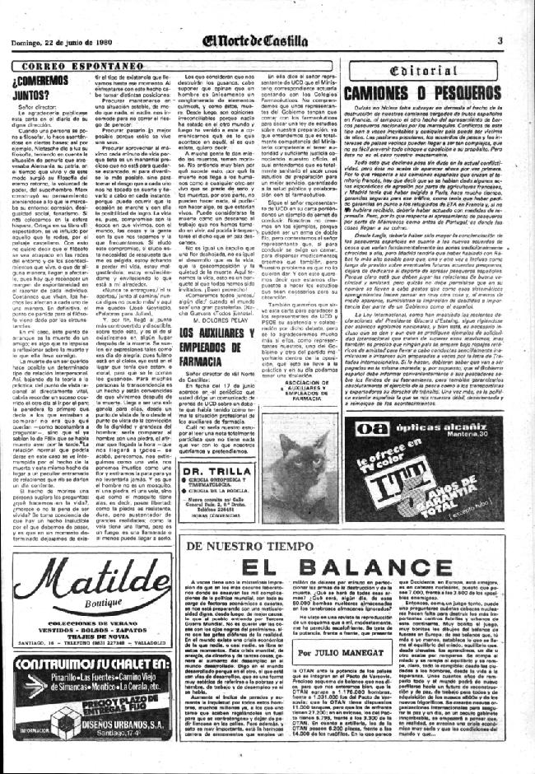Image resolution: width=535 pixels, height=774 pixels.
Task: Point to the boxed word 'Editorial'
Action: tap(440, 72)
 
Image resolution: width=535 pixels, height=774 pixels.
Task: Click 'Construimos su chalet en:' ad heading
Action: tap(82, 664)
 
